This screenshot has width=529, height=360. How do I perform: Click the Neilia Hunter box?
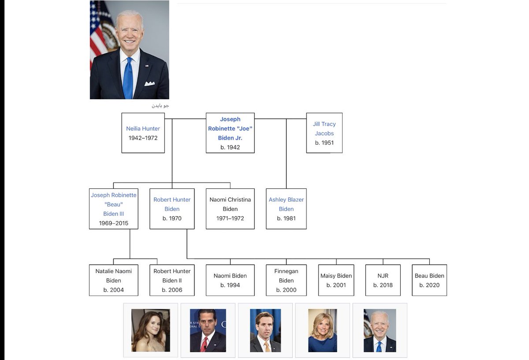point(143,133)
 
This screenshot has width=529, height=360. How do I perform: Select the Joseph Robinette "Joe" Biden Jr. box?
point(230,133)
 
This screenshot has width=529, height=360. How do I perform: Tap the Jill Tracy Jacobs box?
point(324,133)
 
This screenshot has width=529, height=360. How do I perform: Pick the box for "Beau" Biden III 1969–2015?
point(113,209)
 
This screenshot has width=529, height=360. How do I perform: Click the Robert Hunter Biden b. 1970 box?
point(172,209)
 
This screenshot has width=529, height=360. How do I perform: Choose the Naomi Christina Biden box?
point(230,209)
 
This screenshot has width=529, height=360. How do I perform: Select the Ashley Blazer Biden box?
point(286,209)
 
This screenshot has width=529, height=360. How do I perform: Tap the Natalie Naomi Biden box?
point(113,280)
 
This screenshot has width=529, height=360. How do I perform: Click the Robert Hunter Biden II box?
point(172,280)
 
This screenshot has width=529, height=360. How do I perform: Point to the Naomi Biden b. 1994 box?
point(230,280)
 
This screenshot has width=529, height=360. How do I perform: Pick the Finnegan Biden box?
point(286,280)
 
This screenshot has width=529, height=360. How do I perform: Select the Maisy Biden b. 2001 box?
point(336,280)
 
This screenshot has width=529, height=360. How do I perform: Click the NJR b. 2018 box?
point(383,280)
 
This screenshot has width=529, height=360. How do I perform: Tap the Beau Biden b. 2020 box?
point(429,280)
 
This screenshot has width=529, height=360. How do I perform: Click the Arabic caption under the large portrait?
point(160,106)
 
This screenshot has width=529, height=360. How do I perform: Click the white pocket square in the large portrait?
point(149,83)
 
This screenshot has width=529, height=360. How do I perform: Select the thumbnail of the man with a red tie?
point(208,330)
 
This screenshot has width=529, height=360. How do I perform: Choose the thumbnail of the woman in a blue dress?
point(322,330)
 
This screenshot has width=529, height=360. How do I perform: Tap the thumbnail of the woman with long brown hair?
point(150,330)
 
